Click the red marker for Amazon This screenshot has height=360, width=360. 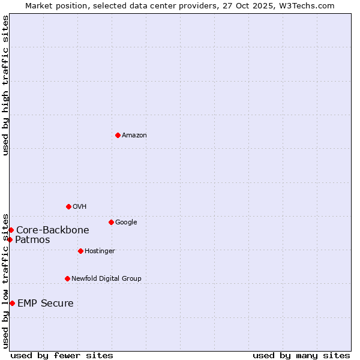[x=118, y=135]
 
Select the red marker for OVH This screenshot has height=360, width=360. [x=68, y=206]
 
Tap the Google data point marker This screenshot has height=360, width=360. [x=111, y=222]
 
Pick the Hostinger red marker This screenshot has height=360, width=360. [x=80, y=251]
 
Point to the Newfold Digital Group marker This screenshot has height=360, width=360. [x=67, y=278]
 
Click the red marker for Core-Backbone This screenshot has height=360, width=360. [x=11, y=230]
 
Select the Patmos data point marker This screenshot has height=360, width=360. [x=10, y=239]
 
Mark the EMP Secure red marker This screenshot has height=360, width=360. [x=12, y=303]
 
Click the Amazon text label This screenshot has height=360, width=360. [x=134, y=136]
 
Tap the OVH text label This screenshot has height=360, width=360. [x=80, y=207]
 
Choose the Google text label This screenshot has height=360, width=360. [x=126, y=223]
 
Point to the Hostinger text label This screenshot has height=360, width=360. [x=100, y=251]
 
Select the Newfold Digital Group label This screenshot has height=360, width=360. [x=106, y=279]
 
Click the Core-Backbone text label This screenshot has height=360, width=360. [x=53, y=230]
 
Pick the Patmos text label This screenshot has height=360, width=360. [x=32, y=240]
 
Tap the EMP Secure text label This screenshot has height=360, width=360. [x=46, y=304]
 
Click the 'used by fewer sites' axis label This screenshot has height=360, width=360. [x=62, y=355]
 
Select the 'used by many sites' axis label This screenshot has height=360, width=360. [x=301, y=355]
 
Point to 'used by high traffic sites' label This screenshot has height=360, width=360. [x=5, y=85]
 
